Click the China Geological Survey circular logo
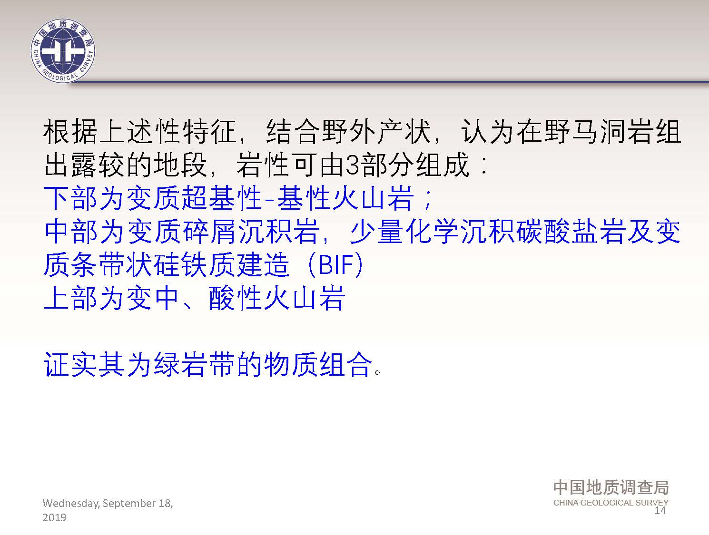click(x=63, y=51)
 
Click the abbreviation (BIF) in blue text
click(x=336, y=264)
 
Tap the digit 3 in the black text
click(x=352, y=165)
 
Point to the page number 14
click(x=660, y=510)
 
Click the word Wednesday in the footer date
click(x=71, y=504)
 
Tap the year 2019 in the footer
click(x=54, y=517)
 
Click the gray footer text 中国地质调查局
click(x=611, y=487)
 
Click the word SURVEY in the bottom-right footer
click(x=652, y=503)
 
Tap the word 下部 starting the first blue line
click(x=70, y=198)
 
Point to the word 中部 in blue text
click(x=70, y=232)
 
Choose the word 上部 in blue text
click(x=70, y=298)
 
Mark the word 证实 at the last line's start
click(x=70, y=364)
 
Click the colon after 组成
click(x=483, y=165)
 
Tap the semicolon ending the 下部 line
click(x=428, y=200)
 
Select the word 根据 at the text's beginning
click(x=70, y=132)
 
